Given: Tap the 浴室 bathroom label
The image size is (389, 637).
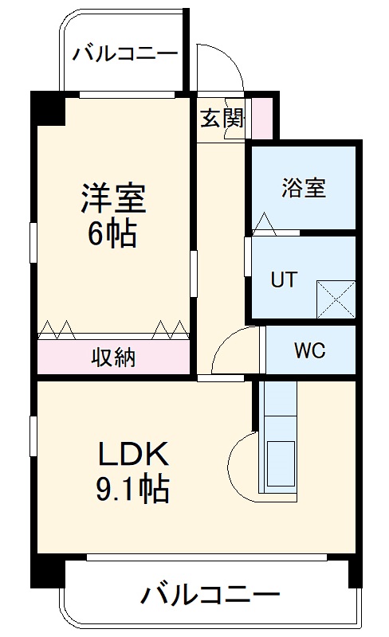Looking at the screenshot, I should [x=303, y=189].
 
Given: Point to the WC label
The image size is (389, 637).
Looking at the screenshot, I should [x=309, y=351].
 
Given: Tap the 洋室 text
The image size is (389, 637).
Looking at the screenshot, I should [x=112, y=199].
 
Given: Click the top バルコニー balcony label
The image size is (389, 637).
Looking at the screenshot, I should [x=125, y=54].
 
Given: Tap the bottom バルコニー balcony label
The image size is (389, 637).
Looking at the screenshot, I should [x=211, y=594].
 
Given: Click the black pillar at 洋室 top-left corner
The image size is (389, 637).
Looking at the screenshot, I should [x=49, y=109].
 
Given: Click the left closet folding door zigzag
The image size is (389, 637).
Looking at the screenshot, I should [x=57, y=327].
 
